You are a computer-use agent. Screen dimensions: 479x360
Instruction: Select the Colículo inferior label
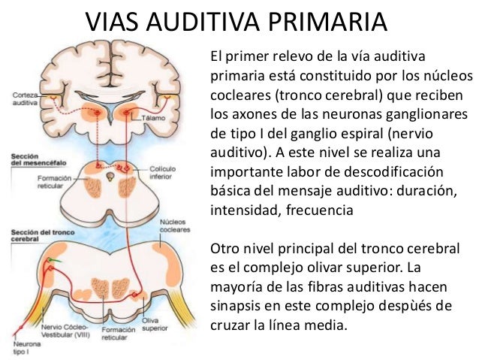pyautogui.click(x=163, y=172)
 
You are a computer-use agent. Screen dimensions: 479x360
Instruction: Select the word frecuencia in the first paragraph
pyautogui.click(x=315, y=211)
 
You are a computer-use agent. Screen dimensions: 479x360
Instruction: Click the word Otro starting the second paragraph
pyautogui.click(x=224, y=248)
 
